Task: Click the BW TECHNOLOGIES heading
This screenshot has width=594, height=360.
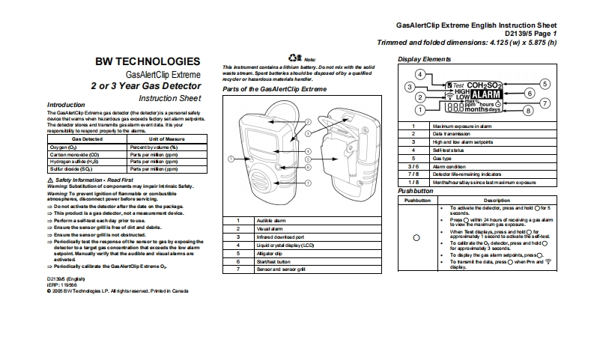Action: click(x=147, y=60)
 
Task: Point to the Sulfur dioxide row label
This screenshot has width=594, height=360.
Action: click(x=70, y=169)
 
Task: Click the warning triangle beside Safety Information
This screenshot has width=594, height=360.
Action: click(x=49, y=180)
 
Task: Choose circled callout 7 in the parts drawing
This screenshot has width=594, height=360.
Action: click(x=307, y=182)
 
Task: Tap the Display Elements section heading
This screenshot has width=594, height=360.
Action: click(x=424, y=58)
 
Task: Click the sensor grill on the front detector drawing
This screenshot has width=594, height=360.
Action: click(x=260, y=180)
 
